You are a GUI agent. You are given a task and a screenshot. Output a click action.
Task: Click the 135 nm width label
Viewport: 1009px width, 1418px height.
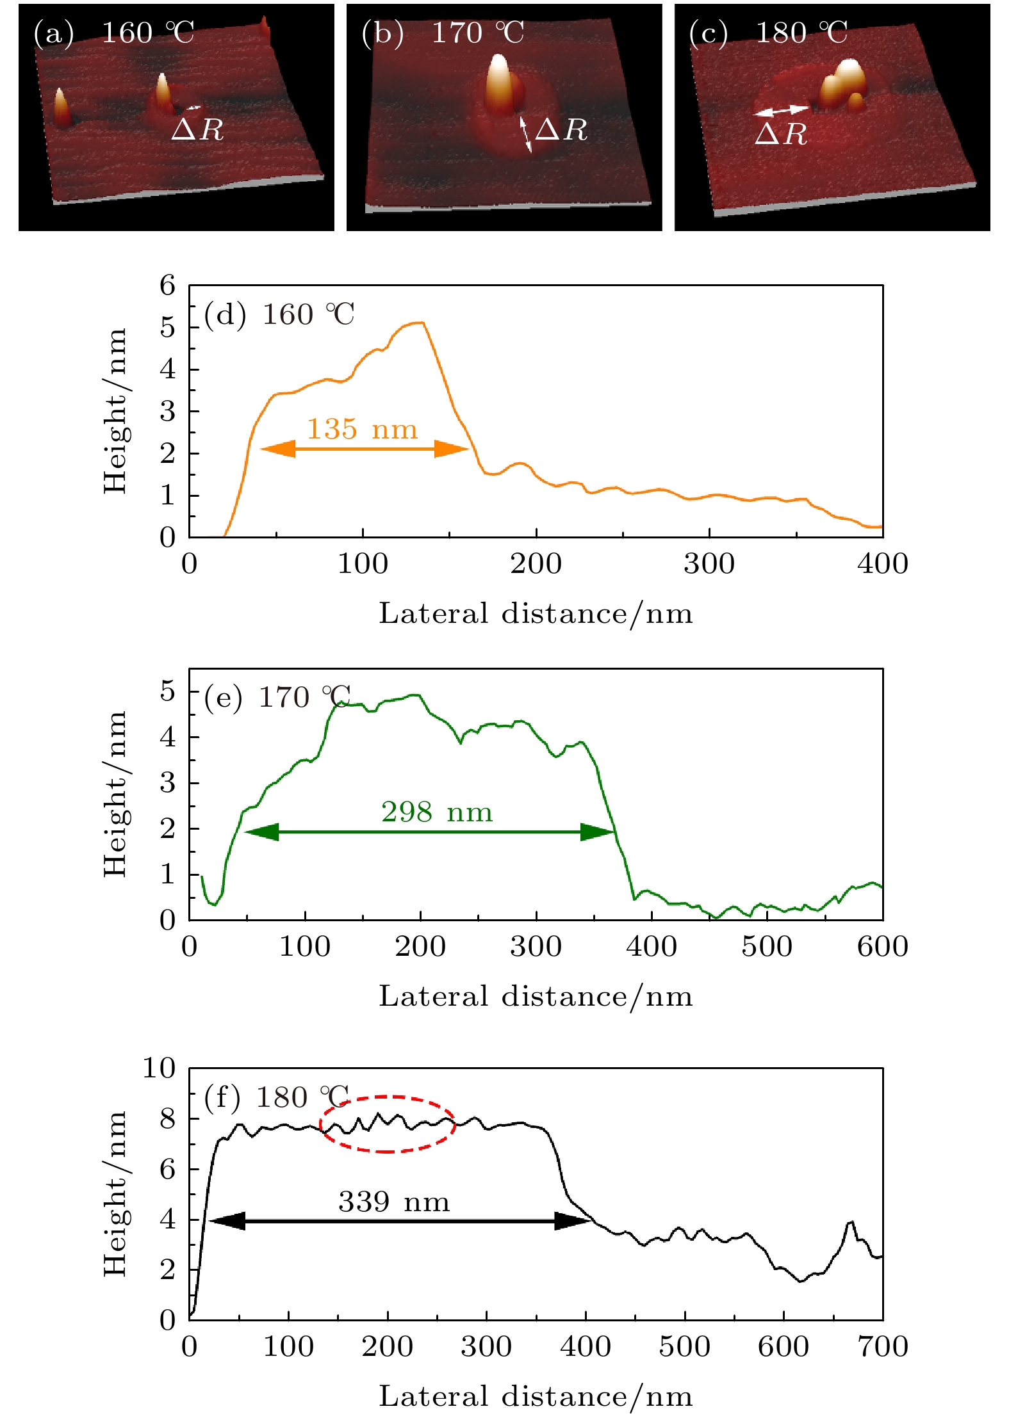[x=362, y=430]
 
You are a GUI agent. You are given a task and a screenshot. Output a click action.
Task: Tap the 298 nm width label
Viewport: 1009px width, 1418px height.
[x=437, y=812]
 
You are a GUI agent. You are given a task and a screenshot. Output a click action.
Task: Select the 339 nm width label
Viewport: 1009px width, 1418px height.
[x=394, y=1202]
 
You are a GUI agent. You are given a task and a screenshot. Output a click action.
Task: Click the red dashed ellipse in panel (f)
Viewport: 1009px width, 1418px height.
[x=388, y=1124]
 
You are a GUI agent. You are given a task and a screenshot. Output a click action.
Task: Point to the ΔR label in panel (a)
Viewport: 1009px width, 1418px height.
[x=197, y=130]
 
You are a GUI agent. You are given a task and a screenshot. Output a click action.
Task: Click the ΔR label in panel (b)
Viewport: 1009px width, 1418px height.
[x=561, y=130]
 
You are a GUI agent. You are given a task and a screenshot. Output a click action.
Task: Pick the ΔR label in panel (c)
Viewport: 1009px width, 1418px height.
[x=780, y=134]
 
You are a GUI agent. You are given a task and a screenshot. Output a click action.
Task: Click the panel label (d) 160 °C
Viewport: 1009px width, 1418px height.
[x=279, y=315]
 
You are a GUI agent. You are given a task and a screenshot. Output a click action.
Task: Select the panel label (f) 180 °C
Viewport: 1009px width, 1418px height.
[x=276, y=1097]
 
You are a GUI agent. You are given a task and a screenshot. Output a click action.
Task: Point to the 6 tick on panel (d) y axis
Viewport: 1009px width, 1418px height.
[x=168, y=286]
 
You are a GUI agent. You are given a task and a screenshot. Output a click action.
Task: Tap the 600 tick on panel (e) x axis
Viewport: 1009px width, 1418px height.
[x=882, y=947]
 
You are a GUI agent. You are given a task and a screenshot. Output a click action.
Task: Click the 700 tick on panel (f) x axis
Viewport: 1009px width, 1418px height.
[x=882, y=1346]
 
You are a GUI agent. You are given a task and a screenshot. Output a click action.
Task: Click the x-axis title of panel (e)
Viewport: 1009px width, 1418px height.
[x=536, y=997]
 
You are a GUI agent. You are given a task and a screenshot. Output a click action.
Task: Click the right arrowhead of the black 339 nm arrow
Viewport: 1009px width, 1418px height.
[x=573, y=1221]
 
